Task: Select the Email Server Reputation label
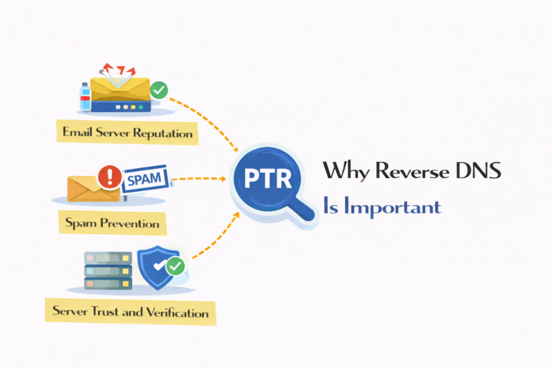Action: click(x=128, y=132)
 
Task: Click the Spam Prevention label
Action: click(x=112, y=222)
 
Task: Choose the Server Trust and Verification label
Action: click(x=130, y=311)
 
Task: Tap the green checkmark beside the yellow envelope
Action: click(x=158, y=90)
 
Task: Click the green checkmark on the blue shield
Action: click(x=175, y=266)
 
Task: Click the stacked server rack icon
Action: click(x=108, y=269)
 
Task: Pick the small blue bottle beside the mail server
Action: click(x=85, y=96)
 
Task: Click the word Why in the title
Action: click(x=346, y=171)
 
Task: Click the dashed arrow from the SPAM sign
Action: click(x=199, y=178)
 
